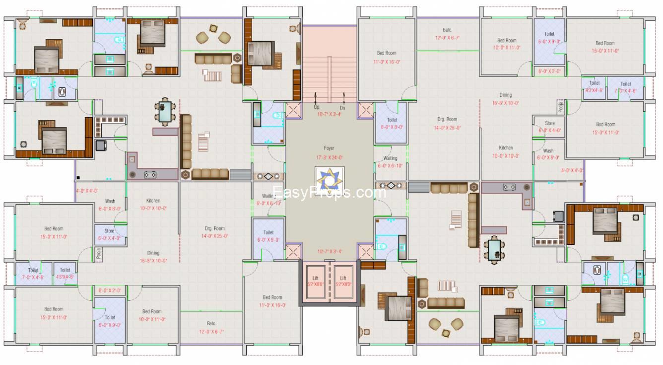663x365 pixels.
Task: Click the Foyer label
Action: pos(329,148)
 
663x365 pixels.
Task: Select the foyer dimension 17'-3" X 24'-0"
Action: pos(329,157)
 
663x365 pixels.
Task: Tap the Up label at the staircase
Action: pos(316,107)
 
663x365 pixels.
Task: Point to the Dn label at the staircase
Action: pos(342,107)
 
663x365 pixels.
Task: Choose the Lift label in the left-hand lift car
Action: pos(316,278)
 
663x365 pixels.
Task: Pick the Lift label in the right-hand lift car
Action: pos(343,278)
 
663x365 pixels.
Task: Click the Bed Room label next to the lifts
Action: pos(272,297)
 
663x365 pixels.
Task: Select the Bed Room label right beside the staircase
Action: pos(387,53)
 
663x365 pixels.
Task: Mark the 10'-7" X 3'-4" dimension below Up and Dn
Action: pos(329,114)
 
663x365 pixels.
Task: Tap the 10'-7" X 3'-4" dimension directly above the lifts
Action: pos(329,251)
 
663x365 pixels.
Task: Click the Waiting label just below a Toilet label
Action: pos(391,158)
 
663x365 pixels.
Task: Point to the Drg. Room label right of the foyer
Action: pos(447,119)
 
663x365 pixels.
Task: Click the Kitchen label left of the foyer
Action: pos(153,201)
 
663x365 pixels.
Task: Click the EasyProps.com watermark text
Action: pos(329,193)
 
